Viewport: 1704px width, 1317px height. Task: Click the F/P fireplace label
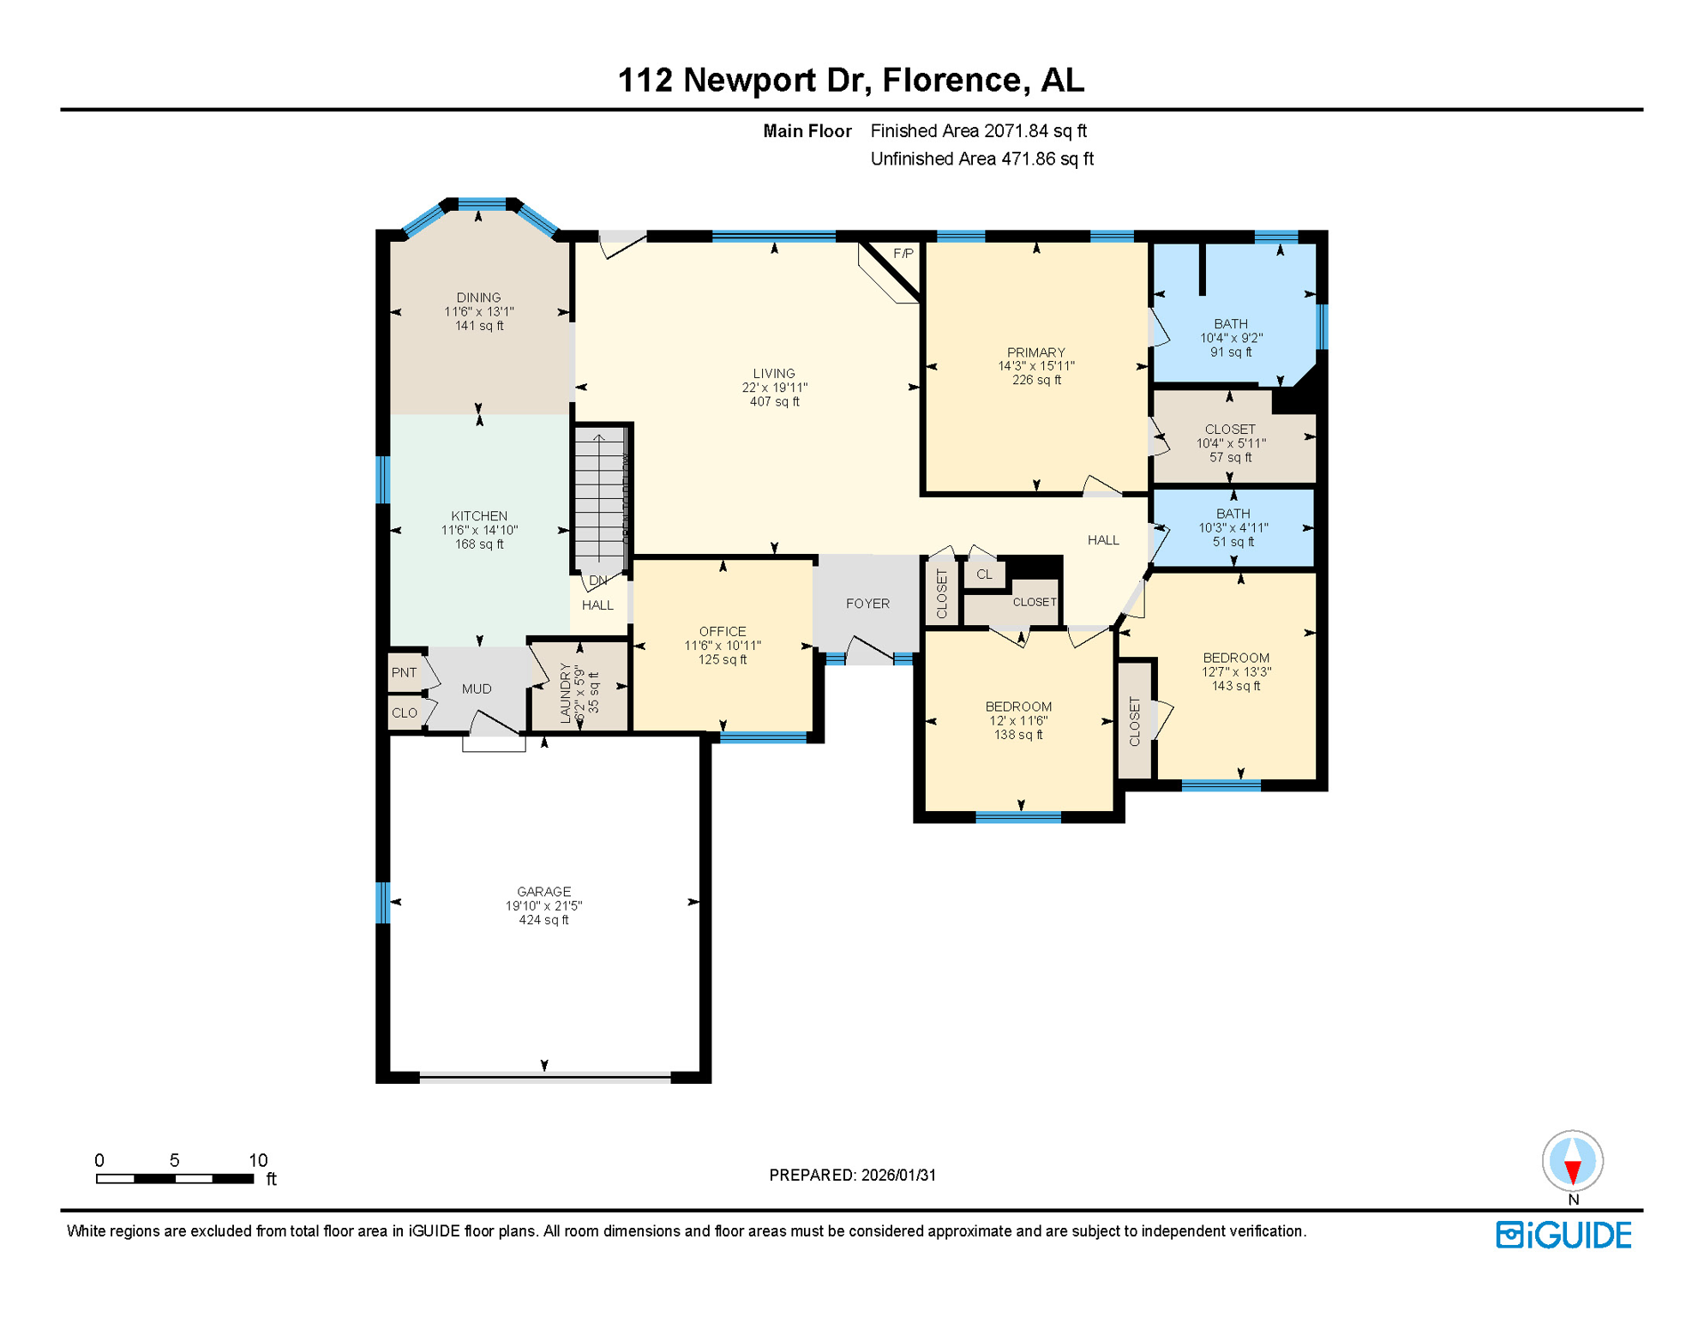click(x=903, y=254)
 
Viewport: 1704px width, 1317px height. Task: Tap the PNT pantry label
click(x=404, y=673)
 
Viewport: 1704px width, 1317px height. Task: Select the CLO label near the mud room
click(x=404, y=713)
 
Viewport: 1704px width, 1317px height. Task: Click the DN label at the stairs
click(x=598, y=580)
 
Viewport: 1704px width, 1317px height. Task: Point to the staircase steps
click(x=599, y=497)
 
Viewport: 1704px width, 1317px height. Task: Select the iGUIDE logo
click(x=1563, y=1236)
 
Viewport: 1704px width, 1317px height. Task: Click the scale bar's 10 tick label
click(x=258, y=1160)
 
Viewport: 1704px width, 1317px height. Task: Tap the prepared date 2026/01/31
click(x=898, y=1176)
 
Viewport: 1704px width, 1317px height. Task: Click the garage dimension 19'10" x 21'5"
click(x=543, y=906)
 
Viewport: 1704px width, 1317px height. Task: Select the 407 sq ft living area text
click(x=774, y=402)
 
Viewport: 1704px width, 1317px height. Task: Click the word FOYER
click(x=867, y=604)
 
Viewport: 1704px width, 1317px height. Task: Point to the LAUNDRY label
click(x=565, y=693)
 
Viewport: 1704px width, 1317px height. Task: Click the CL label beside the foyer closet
click(x=984, y=574)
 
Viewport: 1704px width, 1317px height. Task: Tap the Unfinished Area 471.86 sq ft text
click(x=981, y=159)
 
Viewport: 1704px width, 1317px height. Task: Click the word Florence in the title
click(x=951, y=80)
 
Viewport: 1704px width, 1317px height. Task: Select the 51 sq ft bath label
click(x=1233, y=542)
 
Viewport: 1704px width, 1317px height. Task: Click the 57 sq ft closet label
click(x=1230, y=458)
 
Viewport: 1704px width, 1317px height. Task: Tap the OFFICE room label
click(x=723, y=631)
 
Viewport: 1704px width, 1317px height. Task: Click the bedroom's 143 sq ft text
click(x=1235, y=686)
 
